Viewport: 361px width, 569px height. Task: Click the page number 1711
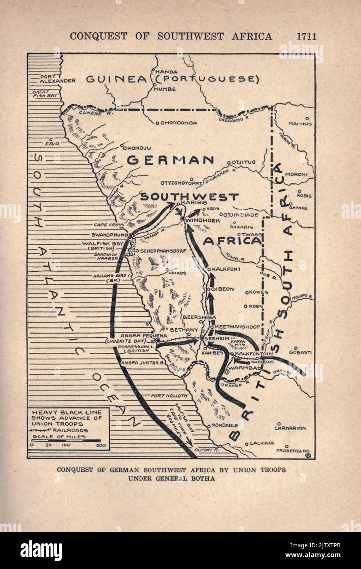tap(306, 36)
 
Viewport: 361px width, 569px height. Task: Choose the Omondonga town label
tap(178, 122)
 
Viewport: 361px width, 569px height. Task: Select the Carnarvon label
tap(290, 428)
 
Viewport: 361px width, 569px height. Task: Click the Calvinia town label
tap(262, 443)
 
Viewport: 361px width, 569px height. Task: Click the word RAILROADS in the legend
tap(70, 430)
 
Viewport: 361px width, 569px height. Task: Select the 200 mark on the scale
tap(99, 445)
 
